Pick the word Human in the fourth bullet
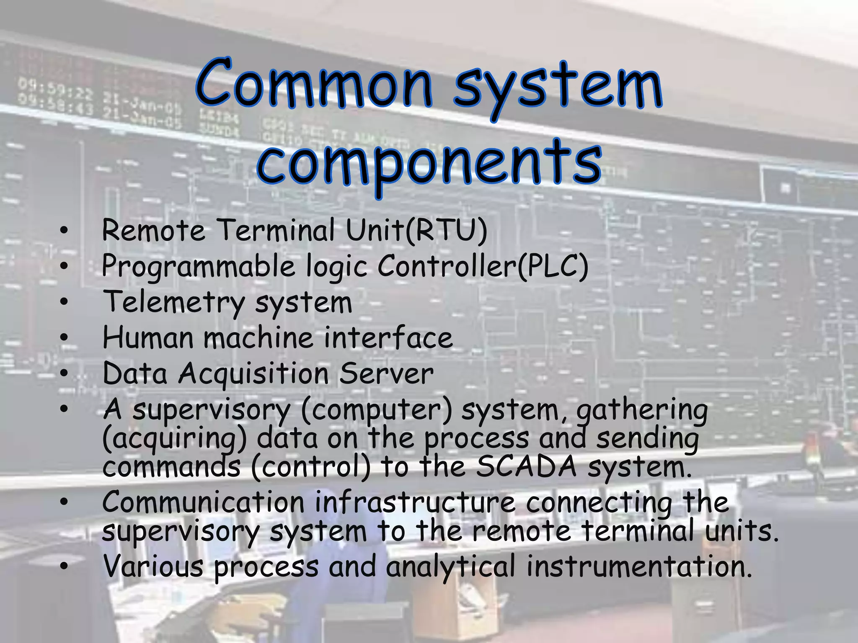(x=148, y=338)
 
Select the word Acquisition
(x=253, y=374)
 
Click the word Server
(x=386, y=374)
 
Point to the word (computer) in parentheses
(x=377, y=410)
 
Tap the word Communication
(x=203, y=502)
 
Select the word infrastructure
(x=415, y=502)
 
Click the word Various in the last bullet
(x=153, y=566)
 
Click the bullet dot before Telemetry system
(x=64, y=302)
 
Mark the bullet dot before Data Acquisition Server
(x=64, y=373)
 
